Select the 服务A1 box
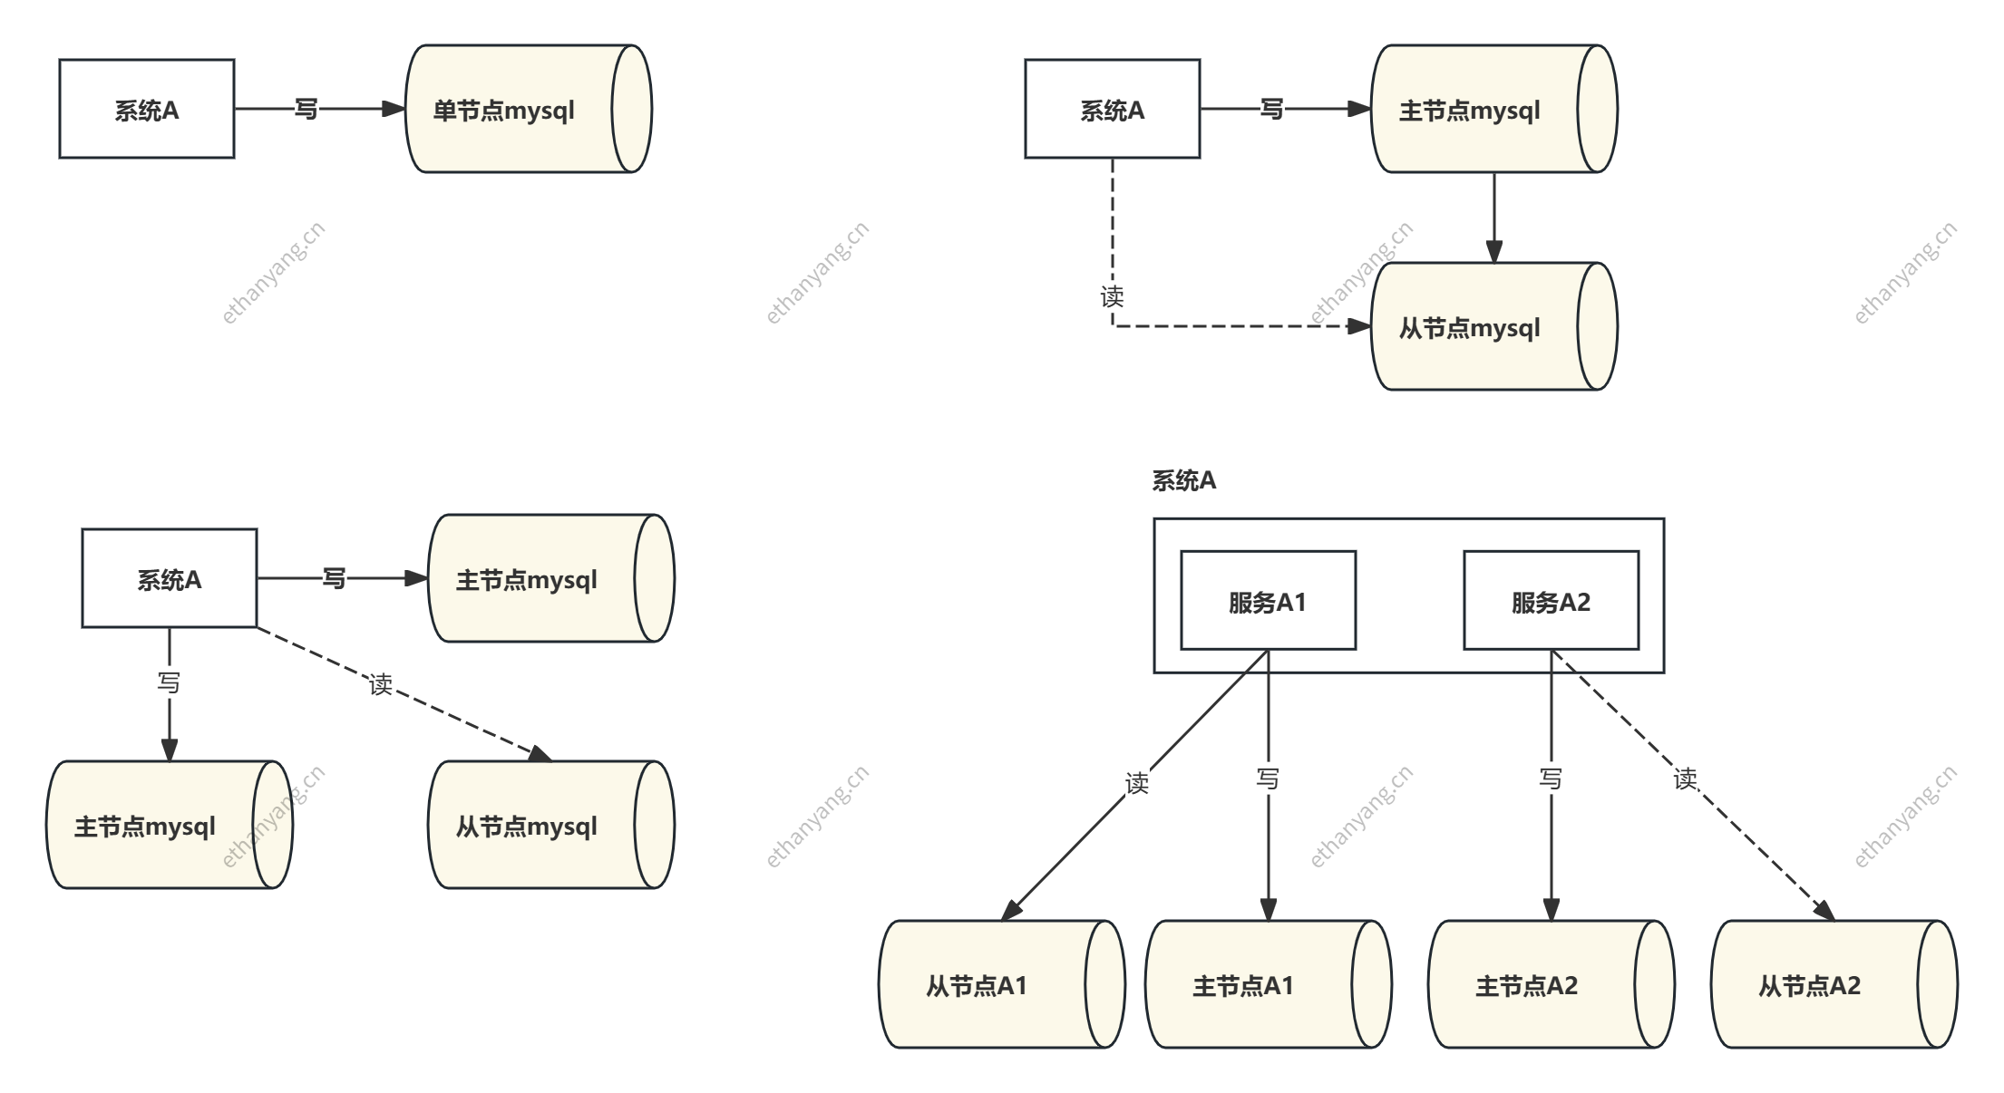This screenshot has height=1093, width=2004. (x=1268, y=601)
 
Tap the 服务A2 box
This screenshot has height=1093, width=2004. (x=1551, y=601)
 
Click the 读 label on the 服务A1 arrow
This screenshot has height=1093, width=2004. (x=1137, y=781)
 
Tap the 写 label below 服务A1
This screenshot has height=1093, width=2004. (x=1268, y=778)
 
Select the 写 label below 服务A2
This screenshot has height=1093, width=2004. (x=1551, y=778)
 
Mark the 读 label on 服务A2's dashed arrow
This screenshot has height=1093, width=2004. (x=1685, y=778)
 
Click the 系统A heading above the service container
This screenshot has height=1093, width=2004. (x=1183, y=481)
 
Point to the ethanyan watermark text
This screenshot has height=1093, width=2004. (x=257, y=832)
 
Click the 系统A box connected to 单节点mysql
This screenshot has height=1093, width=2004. (x=147, y=110)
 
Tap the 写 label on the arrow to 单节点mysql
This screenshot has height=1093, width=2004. (x=306, y=109)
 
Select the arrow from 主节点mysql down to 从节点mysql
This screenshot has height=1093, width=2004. (x=1494, y=218)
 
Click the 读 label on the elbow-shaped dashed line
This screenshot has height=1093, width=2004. (x=1112, y=296)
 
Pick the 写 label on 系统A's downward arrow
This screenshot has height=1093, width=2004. (x=169, y=682)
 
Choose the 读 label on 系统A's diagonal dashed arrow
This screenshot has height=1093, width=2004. (x=381, y=684)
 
